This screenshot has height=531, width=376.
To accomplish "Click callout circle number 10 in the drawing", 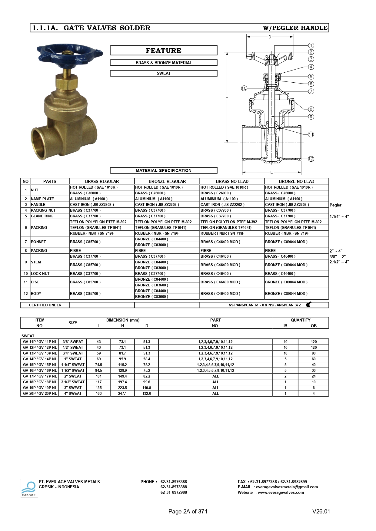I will coord(244,88).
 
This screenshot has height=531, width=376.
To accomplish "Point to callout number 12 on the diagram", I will coord(311,159).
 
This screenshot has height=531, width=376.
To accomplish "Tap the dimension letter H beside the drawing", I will coord(227,97).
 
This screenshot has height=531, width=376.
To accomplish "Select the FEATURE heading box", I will coord(164,51).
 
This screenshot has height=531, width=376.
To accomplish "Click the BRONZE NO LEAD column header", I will coord(296,181).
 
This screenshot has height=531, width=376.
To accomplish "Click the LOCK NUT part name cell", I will coord(40,274).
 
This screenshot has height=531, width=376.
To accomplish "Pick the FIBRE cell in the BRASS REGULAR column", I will coord(75,251).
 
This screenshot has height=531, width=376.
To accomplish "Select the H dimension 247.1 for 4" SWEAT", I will coord(122,394).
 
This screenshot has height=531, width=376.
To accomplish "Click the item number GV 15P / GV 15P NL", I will coord(40,365).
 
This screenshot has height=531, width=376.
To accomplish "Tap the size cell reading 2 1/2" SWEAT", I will coord(73,382).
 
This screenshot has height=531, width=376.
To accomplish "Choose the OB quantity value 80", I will coord(314,353).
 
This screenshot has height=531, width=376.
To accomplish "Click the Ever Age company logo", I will coord(29,488).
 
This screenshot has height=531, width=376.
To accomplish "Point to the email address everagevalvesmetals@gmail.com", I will coord(287,487).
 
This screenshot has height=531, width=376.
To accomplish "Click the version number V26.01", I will coord(321,511).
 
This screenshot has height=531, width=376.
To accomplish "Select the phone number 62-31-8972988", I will coord(174,492).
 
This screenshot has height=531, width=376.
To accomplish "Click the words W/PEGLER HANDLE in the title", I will coord(295,28).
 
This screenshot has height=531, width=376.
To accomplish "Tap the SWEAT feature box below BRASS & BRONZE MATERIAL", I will coord(164,73).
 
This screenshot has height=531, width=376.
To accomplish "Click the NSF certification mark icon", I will coord(308,305).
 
